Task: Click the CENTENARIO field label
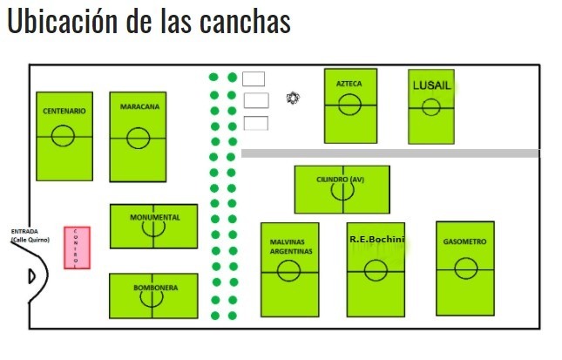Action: [x=64, y=112]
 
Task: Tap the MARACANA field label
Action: [x=139, y=107]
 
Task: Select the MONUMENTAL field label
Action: [x=154, y=216]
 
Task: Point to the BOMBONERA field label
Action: [x=156, y=287]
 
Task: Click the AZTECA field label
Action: [x=349, y=84]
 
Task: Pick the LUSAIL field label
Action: [x=430, y=85]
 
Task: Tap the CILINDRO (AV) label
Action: [x=341, y=180]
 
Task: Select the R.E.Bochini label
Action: [x=376, y=238]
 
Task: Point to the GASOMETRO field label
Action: [x=464, y=241]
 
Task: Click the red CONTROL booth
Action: [x=76, y=248]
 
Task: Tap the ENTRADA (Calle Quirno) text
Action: [x=29, y=235]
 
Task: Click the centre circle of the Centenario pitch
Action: [x=63, y=135]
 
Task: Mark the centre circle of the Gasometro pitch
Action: [x=465, y=269]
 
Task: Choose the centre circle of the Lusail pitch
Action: [x=430, y=107]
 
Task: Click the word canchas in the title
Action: [x=245, y=23]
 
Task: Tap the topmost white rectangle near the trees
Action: [x=254, y=78]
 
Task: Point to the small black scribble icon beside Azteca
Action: [x=294, y=98]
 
